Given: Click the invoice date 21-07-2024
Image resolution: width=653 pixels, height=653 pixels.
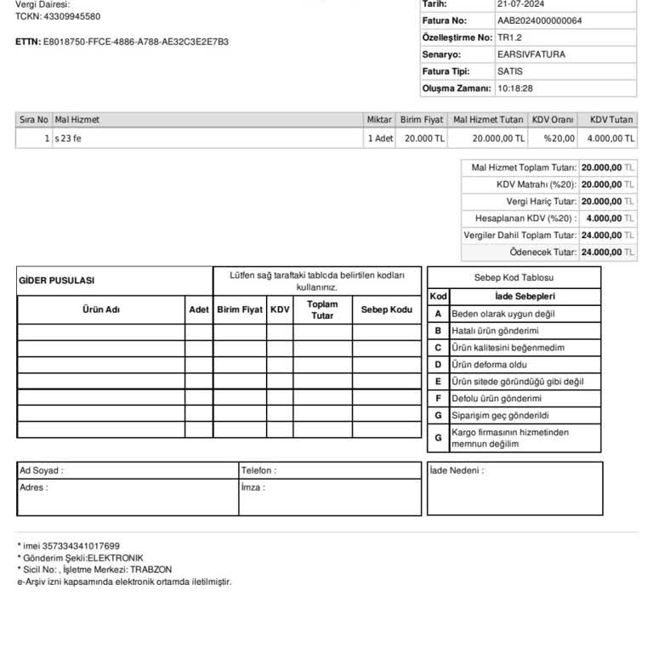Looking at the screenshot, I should point(520,4).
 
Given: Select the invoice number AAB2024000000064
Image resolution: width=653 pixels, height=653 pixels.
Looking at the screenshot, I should point(539,20).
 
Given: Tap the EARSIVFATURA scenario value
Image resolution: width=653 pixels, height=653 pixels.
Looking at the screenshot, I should point(531,54).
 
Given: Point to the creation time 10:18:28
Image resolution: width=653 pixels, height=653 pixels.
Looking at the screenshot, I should point(515,88).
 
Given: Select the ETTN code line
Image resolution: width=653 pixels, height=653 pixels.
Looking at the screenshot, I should point(122,42).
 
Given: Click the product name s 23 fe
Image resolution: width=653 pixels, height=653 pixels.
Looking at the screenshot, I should point(68,139).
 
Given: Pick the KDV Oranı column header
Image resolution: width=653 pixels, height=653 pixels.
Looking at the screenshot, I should point(552,120).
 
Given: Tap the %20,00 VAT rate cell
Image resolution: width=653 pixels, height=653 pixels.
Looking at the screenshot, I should point(559,139).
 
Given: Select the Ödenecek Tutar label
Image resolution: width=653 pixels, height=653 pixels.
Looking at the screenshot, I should point(542,253).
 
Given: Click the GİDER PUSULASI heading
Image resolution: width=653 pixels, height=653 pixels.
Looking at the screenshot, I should point(57,281).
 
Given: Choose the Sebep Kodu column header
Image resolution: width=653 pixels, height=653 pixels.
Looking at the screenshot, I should point(386,309).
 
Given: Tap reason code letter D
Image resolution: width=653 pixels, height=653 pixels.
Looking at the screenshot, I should point(438,365).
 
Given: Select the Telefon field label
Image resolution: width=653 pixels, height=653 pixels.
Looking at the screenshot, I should point(258,470).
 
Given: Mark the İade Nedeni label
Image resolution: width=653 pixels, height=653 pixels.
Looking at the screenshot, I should point(456,470).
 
